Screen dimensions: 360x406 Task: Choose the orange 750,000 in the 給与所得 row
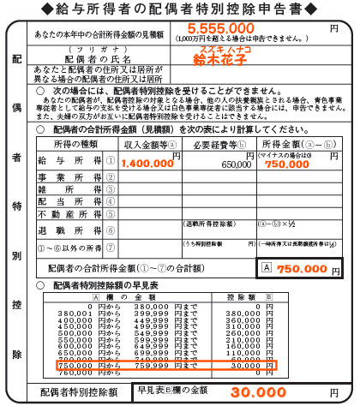click(287, 164)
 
